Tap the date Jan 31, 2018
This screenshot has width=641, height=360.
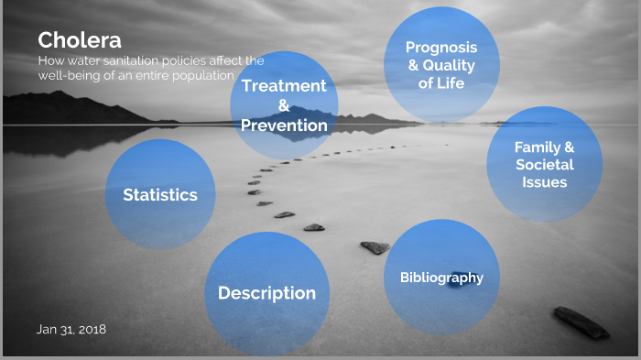[x=72, y=328]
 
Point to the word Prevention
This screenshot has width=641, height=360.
[x=284, y=125]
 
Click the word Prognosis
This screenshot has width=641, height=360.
[x=441, y=47]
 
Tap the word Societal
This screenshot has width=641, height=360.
[x=544, y=165]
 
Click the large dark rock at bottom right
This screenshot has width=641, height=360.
[x=581, y=322]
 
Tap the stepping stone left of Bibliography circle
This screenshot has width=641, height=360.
[x=375, y=247]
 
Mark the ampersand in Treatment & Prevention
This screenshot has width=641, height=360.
[x=284, y=105]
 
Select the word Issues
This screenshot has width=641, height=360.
[x=544, y=182]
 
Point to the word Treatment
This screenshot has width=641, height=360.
[x=284, y=86]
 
